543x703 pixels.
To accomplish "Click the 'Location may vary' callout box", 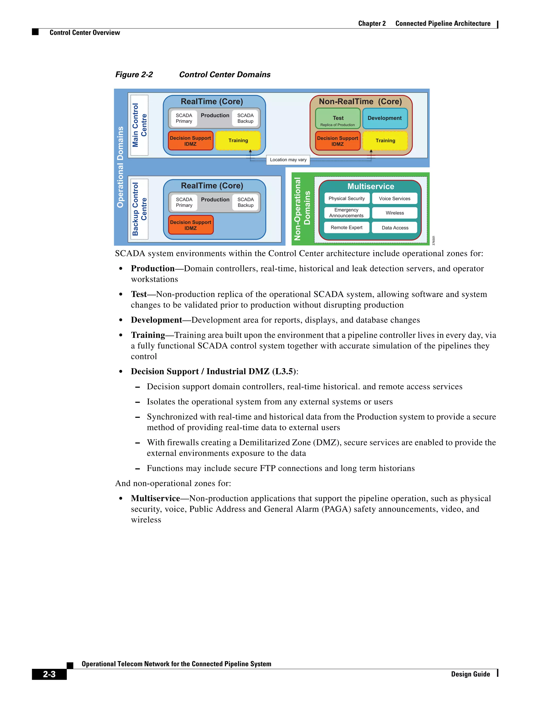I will coord(288,160).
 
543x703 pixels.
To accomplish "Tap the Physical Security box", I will coord(347,199).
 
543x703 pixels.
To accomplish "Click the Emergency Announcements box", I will coord(347,213).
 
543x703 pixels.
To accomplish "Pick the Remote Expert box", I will coord(347,228).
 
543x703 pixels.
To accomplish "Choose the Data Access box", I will coord(395,228).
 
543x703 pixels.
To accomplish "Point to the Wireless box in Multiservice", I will coord(395,213).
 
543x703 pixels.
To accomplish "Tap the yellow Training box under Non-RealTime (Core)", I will coord(385,141).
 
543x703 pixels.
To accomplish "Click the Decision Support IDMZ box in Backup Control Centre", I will coord(190,225).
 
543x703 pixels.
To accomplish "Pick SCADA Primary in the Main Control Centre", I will coord(184,118).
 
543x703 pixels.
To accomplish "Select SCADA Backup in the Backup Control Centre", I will coord(246,202).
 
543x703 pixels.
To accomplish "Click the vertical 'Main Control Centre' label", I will coord(139,125).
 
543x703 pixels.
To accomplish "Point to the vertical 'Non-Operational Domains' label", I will coord(302,209).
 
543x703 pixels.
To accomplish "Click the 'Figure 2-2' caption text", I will coord(134,75).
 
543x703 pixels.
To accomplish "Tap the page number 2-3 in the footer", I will coord(49,674).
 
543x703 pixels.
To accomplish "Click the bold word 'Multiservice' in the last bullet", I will coord(155,499).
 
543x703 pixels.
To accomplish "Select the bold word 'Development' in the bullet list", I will coord(156,320).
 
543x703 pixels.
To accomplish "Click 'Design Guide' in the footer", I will coord(470,674).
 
